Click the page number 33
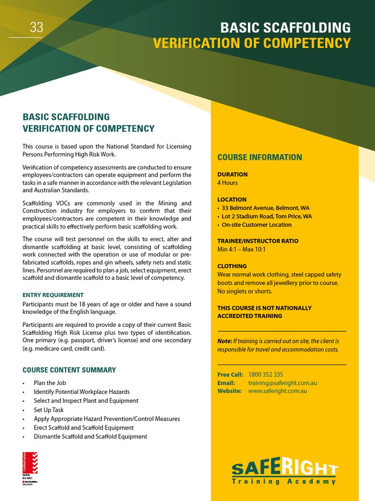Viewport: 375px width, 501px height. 37,28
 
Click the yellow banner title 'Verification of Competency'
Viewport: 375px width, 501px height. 251,43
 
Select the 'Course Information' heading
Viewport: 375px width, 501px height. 259,157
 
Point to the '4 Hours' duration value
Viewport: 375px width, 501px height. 228,182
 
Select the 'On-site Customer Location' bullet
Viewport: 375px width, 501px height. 256,225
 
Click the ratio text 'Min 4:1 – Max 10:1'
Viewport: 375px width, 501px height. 241,249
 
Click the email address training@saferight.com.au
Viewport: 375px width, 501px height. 283,383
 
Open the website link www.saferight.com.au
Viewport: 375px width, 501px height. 277,391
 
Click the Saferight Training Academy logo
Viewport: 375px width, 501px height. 284,472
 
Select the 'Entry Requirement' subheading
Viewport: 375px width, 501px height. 53,295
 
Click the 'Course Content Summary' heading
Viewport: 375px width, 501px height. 69,370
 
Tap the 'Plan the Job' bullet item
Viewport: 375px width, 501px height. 50,383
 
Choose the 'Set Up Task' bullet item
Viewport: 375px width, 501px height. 49,410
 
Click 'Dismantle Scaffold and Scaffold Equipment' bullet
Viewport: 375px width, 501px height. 90,436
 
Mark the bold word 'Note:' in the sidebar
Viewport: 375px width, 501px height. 225,341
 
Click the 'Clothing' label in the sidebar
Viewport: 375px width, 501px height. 232,266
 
